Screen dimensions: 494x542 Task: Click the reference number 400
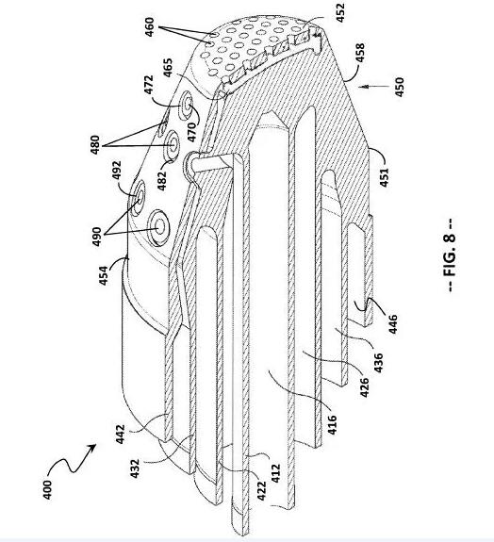tap(47, 489)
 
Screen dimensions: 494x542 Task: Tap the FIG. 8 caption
tap(450, 255)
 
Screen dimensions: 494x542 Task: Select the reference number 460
tap(149, 27)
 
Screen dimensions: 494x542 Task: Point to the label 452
tap(340, 13)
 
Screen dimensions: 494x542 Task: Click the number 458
tap(360, 53)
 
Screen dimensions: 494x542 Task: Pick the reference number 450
tap(399, 87)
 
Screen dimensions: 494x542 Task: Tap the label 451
tap(384, 177)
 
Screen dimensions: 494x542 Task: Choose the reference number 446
tap(393, 324)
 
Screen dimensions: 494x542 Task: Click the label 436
tap(379, 363)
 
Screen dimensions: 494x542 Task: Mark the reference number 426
tap(364, 387)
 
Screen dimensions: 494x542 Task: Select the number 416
tap(332, 424)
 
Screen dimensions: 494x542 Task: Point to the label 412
tap(275, 473)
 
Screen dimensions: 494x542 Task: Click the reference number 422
tap(262, 491)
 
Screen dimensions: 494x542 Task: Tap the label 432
tap(135, 468)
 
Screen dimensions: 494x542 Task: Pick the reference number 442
tap(120, 435)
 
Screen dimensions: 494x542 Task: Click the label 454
tap(104, 275)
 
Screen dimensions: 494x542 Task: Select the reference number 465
tap(167, 68)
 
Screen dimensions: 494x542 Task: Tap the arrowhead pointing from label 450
tap(361, 87)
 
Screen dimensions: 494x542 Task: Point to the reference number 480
tap(95, 145)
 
